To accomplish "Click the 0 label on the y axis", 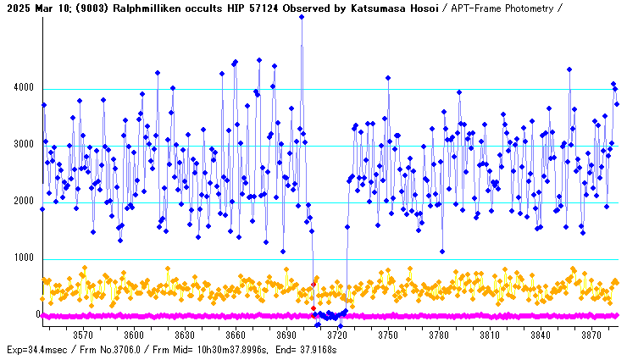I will click(x=38, y=315).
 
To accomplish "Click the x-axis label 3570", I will click(x=83, y=335).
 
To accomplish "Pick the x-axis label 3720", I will click(x=337, y=335).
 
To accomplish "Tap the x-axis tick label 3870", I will click(x=591, y=335).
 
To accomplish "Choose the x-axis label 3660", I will click(x=236, y=335).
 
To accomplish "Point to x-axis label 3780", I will click(x=439, y=335).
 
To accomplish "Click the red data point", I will click(x=313, y=308).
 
